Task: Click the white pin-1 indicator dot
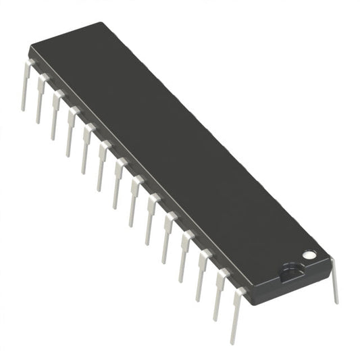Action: coord(309,255)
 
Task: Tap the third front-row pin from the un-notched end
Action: coord(56,115)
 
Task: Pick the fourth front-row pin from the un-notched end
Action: coord(70,131)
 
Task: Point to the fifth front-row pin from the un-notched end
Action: coord(86,148)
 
